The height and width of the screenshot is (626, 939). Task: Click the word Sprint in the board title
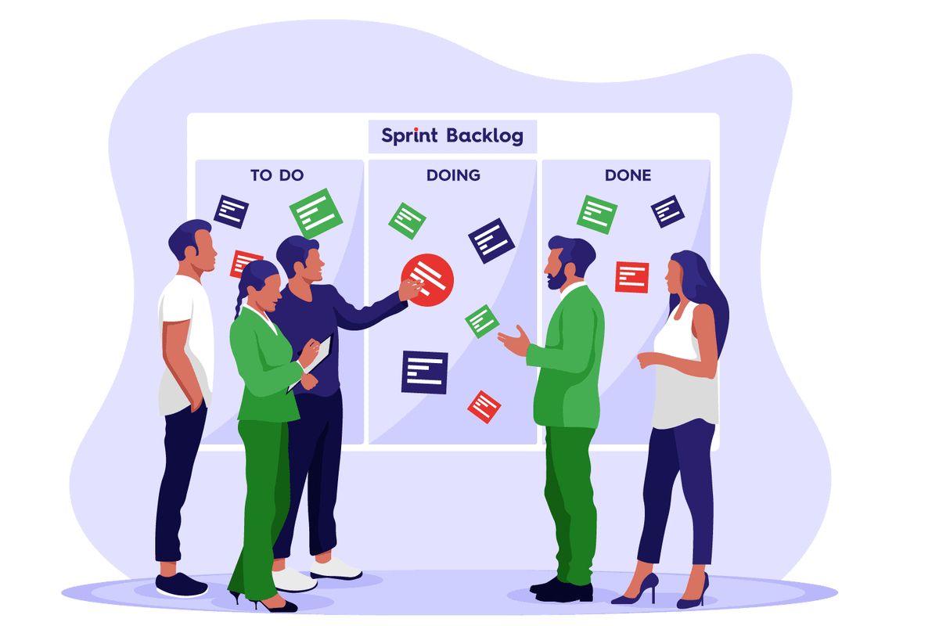coord(409,136)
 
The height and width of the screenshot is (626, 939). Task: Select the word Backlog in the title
coord(485,136)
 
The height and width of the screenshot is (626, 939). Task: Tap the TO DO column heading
coord(277,175)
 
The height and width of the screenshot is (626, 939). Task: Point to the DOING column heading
coord(453,175)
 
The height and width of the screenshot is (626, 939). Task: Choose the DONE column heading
coord(628,175)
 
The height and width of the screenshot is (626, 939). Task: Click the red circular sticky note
coord(427,280)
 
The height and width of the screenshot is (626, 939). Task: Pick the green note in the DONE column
coord(597,214)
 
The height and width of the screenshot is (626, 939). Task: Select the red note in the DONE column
coord(632,277)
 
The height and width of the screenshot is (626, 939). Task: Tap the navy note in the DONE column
coord(667,212)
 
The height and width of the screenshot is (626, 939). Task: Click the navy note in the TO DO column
coord(231,212)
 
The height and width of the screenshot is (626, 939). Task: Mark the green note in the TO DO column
coord(316,214)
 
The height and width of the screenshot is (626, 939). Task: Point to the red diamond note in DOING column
coord(484,407)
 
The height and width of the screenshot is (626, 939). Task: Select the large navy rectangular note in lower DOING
coord(425,372)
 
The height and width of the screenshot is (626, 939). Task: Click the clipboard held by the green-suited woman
coord(312,362)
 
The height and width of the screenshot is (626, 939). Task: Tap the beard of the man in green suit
coord(557,277)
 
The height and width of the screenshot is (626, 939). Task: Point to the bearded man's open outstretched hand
coord(514,340)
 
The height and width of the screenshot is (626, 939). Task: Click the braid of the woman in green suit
coord(239,296)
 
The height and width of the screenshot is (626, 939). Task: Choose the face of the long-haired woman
coord(674,277)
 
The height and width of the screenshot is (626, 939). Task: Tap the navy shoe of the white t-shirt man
coord(182,585)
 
